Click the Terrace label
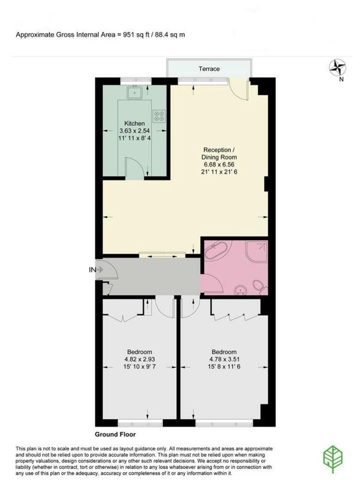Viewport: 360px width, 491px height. [209, 69]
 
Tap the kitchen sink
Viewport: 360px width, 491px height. [135, 92]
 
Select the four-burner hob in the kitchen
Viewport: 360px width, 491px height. [159, 116]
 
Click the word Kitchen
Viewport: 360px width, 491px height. [135, 123]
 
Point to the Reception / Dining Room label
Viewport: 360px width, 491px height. [219, 153]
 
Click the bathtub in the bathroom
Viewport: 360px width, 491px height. [218, 250]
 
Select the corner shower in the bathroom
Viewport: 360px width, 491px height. [257, 251]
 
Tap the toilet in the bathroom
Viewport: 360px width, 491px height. [258, 286]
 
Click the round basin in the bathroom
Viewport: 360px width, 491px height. [241, 290]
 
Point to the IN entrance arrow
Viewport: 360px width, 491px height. [100, 269]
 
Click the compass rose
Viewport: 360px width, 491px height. [337, 68]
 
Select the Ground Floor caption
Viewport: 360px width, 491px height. [115, 435]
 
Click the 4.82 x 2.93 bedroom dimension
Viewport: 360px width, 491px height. [139, 359]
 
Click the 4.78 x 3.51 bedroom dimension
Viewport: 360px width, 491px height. [224, 359]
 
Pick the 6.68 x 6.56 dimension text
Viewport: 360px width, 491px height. [219, 164]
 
